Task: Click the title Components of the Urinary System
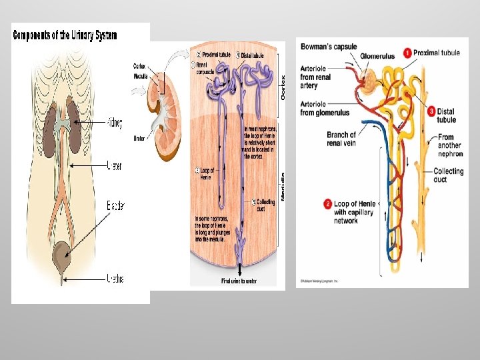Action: pos(65,35)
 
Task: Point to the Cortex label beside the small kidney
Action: pos(139,66)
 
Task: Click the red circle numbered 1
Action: pos(407,53)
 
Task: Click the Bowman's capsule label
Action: pos(329,47)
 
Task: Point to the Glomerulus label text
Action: pos(379,57)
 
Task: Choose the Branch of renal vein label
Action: pos(341,139)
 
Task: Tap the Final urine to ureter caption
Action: pos(239,281)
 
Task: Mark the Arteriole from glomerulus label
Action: pos(325,108)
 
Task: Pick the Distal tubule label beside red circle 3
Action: pos(447,115)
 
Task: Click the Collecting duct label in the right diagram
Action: pos(448,175)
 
